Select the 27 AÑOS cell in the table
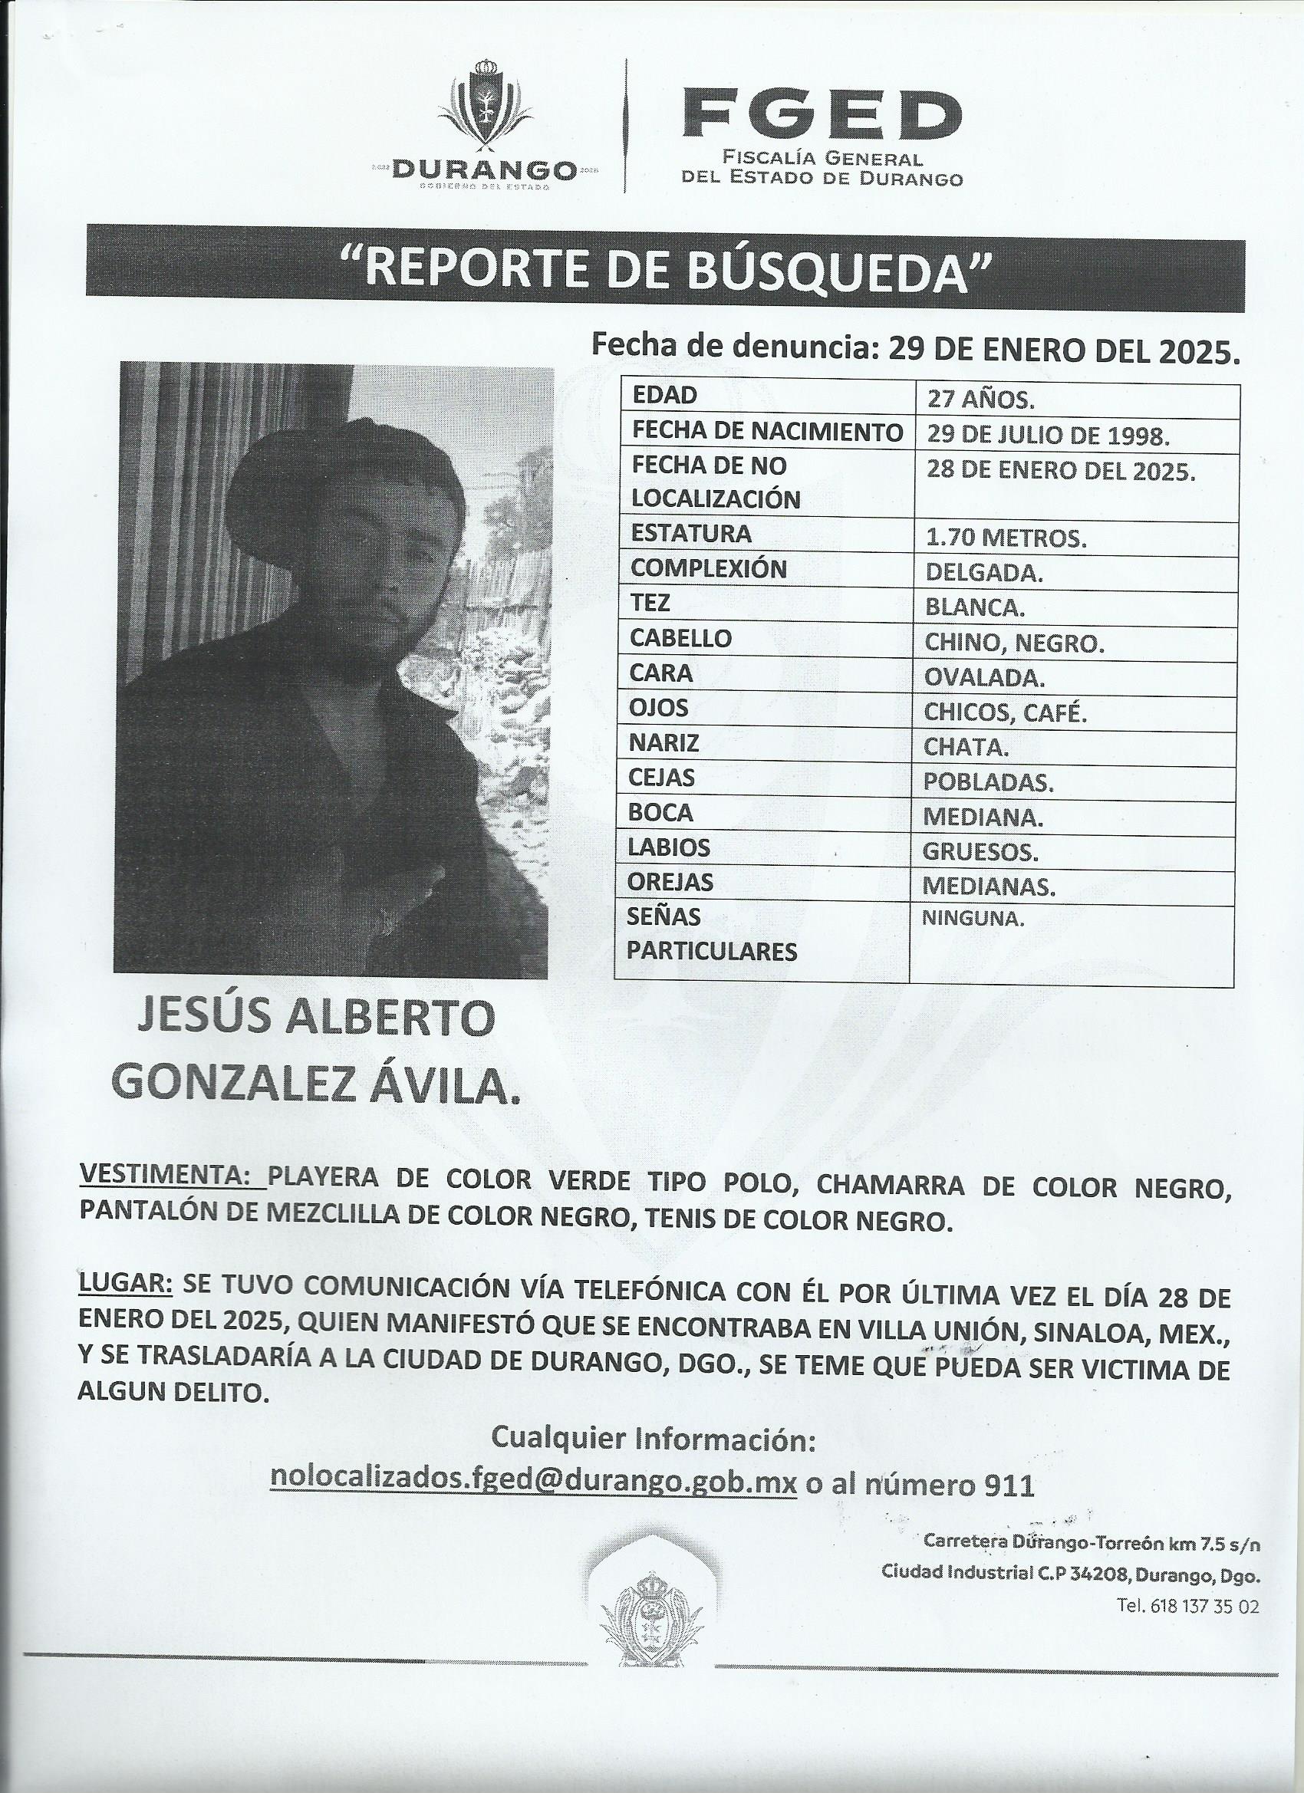(980, 400)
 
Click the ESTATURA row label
(690, 534)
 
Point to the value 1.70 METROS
(1005, 539)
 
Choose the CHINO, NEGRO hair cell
(1013, 643)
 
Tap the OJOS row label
(659, 709)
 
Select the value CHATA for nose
(966, 747)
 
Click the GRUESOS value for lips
(980, 852)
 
